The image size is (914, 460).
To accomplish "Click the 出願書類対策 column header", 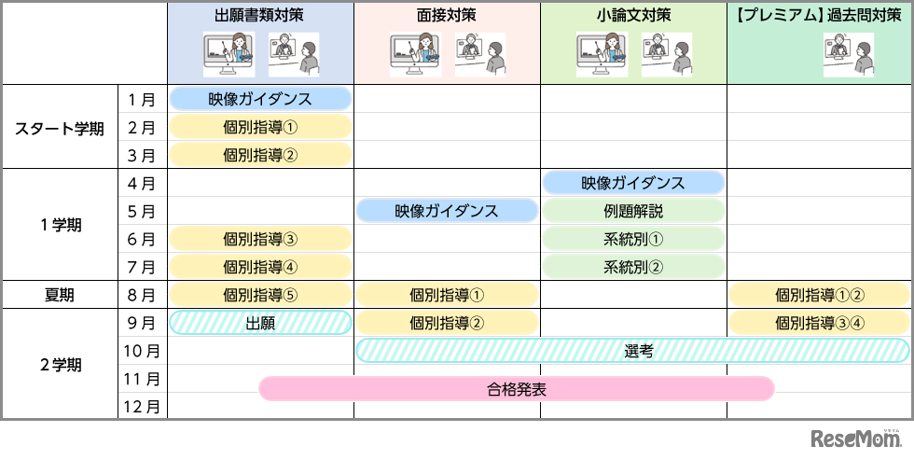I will pyautogui.click(x=260, y=15).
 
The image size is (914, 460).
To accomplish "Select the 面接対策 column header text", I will pyautogui.click(x=447, y=15).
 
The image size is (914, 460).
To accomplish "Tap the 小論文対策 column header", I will pyautogui.click(x=633, y=15).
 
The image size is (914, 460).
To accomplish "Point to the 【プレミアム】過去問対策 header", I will pyautogui.click(x=820, y=15).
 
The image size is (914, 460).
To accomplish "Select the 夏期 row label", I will pyautogui.click(x=60, y=296).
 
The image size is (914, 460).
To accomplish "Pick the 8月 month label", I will pyautogui.click(x=143, y=296).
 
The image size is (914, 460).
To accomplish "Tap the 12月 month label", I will pyautogui.click(x=143, y=407).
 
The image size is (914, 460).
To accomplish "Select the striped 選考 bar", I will pyautogui.click(x=632, y=351).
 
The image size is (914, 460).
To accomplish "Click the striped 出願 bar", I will pyautogui.click(x=260, y=323).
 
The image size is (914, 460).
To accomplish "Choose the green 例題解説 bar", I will pyautogui.click(x=633, y=211).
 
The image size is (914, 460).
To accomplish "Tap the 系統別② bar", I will pyautogui.click(x=633, y=267).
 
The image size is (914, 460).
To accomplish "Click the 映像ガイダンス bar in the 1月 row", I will pyautogui.click(x=260, y=99).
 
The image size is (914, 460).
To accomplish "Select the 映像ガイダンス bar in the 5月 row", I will pyautogui.click(x=447, y=211).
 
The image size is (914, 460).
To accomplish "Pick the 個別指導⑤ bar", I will pyautogui.click(x=260, y=295).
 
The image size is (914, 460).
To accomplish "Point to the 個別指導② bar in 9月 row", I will pyautogui.click(x=447, y=323).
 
